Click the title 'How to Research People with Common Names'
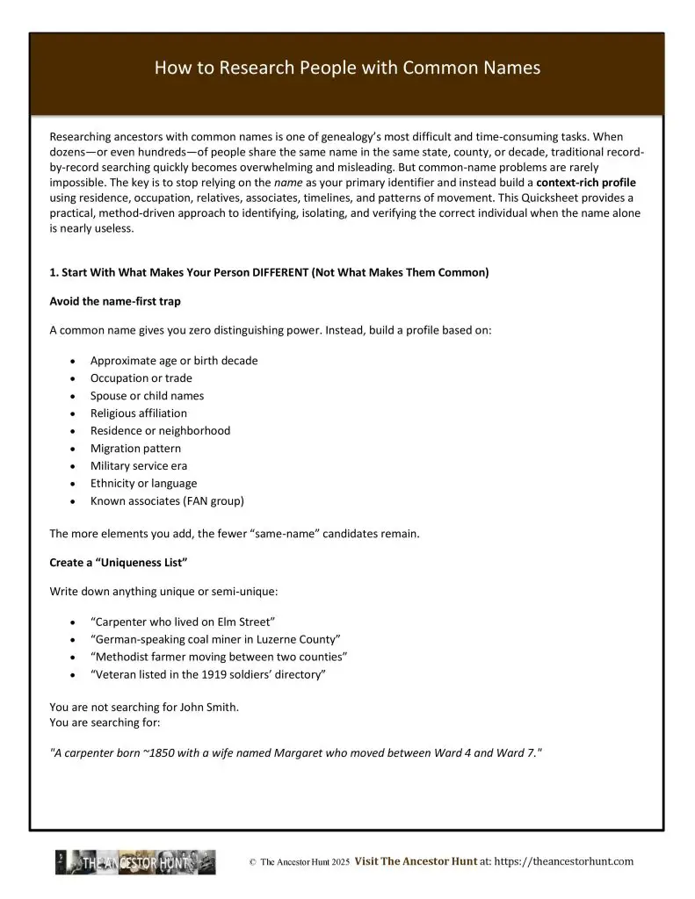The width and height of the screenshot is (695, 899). [347, 68]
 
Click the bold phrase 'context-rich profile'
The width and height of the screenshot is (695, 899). [586, 182]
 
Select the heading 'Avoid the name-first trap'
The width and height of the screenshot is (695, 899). [115, 301]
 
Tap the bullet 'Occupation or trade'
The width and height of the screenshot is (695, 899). [141, 378]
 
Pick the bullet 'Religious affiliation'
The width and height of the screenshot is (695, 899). [138, 413]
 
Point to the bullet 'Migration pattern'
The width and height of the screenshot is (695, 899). [135, 448]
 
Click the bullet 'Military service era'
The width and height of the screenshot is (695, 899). [138, 465]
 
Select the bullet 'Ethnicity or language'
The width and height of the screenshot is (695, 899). [143, 483]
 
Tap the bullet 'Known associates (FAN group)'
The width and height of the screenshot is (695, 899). [167, 501]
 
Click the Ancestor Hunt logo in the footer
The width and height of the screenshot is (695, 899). [135, 862]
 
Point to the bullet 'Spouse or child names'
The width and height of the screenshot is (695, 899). [147, 395]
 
